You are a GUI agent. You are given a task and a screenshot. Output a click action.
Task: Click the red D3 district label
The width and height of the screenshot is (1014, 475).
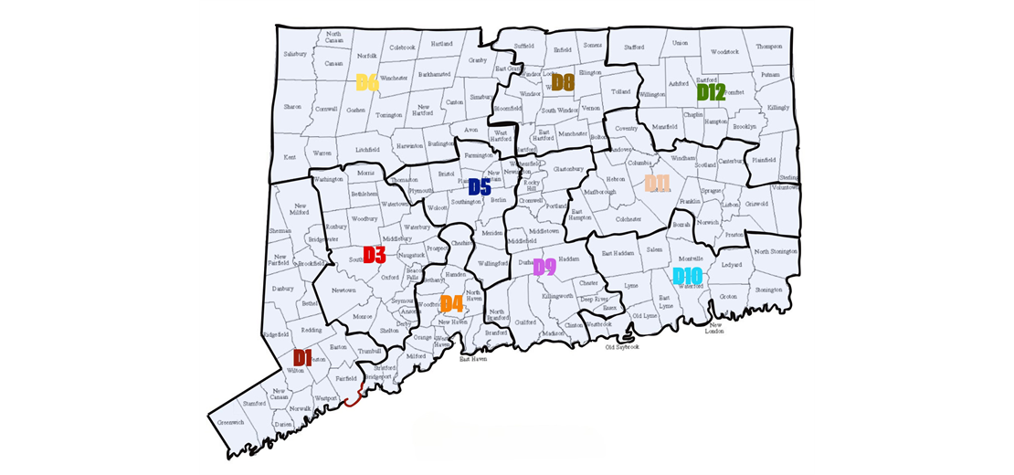tap(375, 255)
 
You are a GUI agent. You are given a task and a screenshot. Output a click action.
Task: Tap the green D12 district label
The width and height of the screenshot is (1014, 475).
tap(711, 92)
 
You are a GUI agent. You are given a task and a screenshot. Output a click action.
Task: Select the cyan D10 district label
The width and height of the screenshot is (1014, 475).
tap(687, 276)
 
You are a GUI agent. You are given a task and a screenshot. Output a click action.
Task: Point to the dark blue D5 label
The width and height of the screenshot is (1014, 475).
tap(480, 187)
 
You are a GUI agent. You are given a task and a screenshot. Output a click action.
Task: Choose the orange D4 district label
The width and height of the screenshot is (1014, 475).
tap(451, 303)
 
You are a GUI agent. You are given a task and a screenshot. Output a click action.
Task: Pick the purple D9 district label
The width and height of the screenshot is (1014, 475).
tap(544, 267)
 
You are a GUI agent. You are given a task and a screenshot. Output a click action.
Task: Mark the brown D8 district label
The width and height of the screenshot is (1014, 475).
tap(562, 83)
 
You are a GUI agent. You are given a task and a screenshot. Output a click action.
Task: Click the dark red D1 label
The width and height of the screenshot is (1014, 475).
tap(302, 357)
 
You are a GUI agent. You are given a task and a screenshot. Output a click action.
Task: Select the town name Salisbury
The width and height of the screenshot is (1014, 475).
tap(295, 54)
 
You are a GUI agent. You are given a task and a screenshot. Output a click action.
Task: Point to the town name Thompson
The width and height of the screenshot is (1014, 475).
tap(769, 47)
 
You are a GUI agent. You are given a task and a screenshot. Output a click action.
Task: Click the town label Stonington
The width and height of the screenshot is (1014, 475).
tap(768, 290)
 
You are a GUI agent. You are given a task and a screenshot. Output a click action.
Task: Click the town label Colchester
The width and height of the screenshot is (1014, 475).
tap(628, 219)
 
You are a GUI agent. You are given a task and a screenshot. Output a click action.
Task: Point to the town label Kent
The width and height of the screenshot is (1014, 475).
tap(290, 157)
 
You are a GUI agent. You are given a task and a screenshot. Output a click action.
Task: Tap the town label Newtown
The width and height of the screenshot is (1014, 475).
tap(343, 290)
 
